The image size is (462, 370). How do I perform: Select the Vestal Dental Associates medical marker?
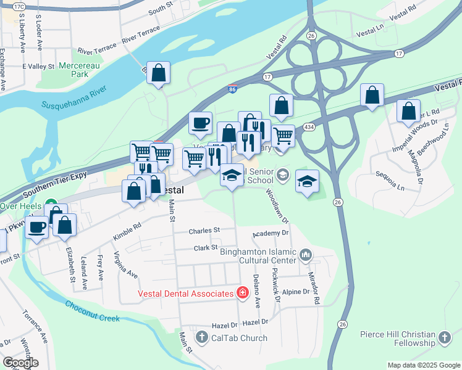[242, 292]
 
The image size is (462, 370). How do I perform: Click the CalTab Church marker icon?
[201, 337]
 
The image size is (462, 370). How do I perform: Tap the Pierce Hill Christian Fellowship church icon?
[444, 337]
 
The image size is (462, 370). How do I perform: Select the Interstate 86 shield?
[232, 90]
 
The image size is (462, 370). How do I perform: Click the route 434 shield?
[307, 126]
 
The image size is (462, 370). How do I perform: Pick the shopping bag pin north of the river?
[159, 73]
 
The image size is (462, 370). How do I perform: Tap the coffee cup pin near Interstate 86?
[200, 123]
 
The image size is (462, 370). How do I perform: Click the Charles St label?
[204, 231]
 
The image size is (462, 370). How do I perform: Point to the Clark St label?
[206, 247]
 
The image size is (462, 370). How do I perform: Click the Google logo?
[20, 362]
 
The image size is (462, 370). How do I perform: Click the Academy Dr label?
[271, 234]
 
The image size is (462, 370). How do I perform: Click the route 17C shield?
[18, 6]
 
